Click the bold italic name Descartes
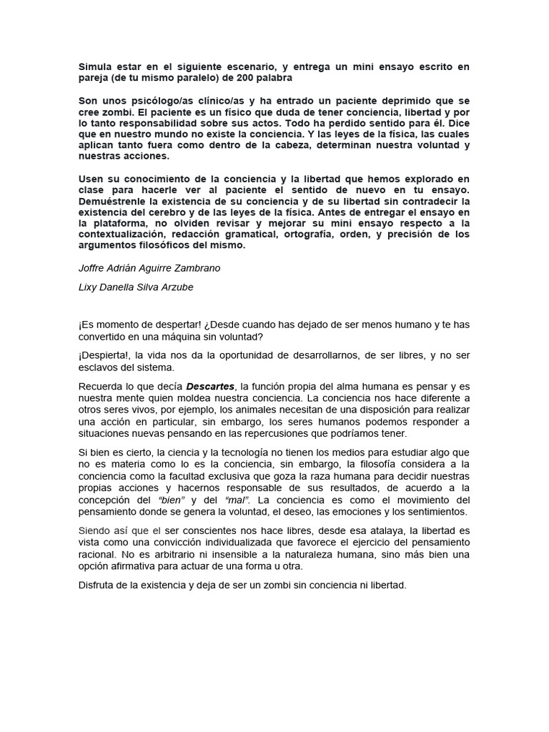tap(211, 386)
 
